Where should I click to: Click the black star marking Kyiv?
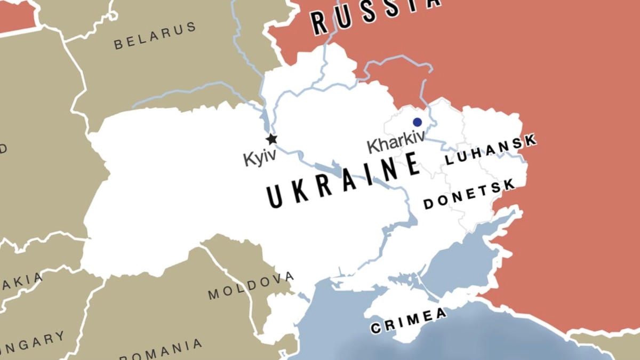(x=271, y=139)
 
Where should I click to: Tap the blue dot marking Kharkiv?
(x=417, y=122)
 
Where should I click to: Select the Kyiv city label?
(x=260, y=158)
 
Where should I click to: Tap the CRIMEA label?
(x=409, y=320)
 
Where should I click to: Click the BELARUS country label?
(x=155, y=36)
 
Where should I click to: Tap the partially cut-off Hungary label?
(x=32, y=342)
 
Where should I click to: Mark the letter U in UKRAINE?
(x=275, y=197)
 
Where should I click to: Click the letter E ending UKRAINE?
(x=411, y=163)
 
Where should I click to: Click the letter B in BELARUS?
(x=118, y=45)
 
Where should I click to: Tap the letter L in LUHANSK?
(x=449, y=159)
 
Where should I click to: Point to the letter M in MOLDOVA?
(x=213, y=294)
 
